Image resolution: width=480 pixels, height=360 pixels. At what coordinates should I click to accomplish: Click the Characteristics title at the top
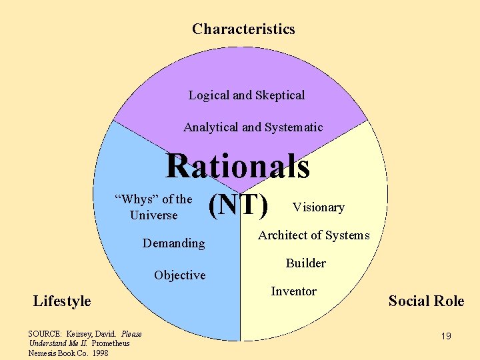(243, 29)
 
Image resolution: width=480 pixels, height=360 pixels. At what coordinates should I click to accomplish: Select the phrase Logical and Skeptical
(246, 95)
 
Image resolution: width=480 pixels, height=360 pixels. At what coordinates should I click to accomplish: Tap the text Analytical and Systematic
(253, 127)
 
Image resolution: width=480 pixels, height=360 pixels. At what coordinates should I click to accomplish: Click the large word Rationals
(238, 166)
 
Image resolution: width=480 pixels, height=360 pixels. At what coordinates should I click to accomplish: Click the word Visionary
(319, 207)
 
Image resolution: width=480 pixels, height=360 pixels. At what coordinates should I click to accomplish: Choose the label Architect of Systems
(313, 235)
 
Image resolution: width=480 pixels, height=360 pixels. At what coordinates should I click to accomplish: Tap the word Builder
(305, 263)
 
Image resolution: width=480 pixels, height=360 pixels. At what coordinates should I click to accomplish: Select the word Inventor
(293, 291)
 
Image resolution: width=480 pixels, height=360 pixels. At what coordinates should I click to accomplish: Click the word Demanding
(174, 243)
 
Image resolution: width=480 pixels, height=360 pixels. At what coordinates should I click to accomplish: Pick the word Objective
(179, 275)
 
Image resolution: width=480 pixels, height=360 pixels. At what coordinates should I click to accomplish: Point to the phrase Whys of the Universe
(154, 207)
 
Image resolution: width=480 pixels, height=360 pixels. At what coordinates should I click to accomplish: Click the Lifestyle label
(62, 301)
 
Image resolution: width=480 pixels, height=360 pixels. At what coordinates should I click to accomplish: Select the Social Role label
(426, 301)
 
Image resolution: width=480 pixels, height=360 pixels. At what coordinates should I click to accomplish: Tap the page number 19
(446, 336)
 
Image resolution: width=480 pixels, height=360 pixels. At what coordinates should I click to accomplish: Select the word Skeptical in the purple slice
(280, 95)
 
